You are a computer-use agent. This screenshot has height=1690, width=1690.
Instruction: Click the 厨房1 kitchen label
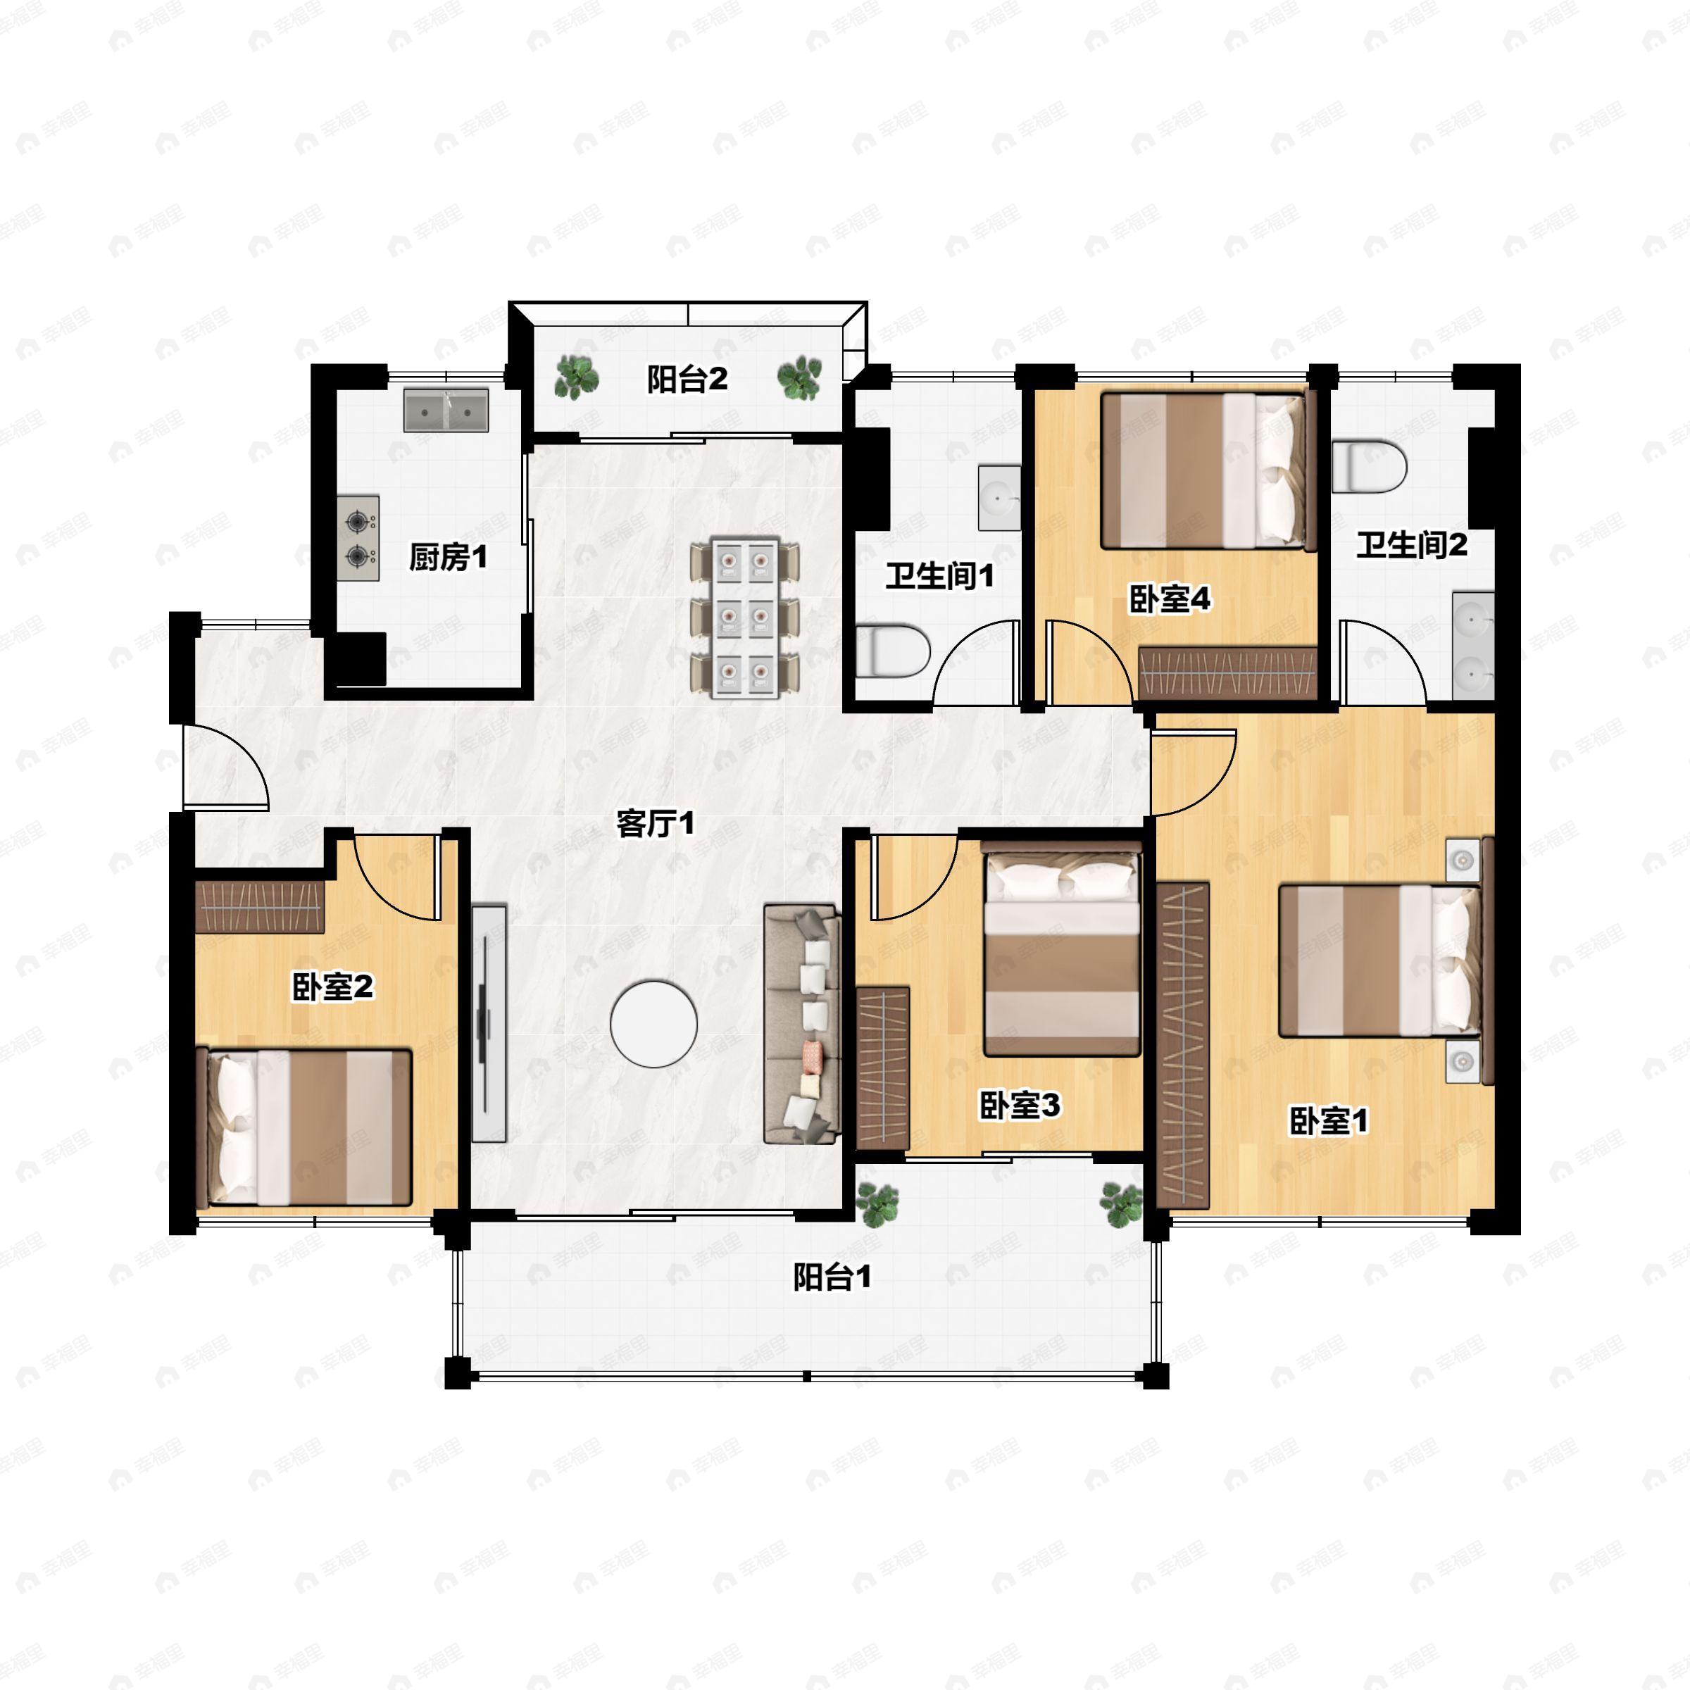click(448, 557)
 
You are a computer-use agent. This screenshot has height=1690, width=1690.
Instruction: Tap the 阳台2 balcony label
click(687, 380)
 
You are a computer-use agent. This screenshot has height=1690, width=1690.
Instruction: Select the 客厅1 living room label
click(655, 823)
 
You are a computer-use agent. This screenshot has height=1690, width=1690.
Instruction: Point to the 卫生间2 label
click(1411, 545)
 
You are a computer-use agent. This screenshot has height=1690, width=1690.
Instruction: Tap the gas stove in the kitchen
click(358, 538)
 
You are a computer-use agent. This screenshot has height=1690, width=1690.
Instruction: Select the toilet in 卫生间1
click(891, 651)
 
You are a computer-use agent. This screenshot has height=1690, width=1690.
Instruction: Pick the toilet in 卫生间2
click(1369, 467)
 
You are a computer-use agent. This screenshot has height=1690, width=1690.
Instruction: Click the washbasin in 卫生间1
click(999, 498)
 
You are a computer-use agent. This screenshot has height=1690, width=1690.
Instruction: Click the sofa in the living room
click(802, 1025)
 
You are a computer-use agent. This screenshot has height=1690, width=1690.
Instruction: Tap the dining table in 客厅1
click(744, 618)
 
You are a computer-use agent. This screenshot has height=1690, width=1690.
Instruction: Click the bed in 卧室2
click(304, 1127)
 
